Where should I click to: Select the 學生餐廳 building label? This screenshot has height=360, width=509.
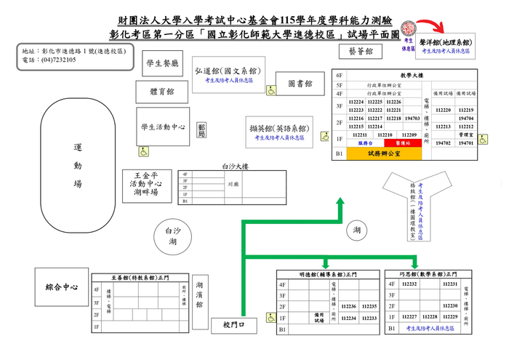(161, 64)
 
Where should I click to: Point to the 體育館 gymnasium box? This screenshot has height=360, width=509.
(161, 92)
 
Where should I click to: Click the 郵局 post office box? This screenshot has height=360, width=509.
(201, 131)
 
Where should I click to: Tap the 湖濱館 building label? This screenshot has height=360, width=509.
(199, 295)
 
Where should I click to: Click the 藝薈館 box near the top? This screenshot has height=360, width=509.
(361, 52)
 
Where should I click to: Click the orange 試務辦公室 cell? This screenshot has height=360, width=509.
(385, 154)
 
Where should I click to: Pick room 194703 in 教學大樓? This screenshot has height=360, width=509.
(412, 118)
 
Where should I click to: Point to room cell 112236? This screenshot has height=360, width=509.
(349, 307)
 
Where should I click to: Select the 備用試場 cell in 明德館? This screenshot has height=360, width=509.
(318, 318)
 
